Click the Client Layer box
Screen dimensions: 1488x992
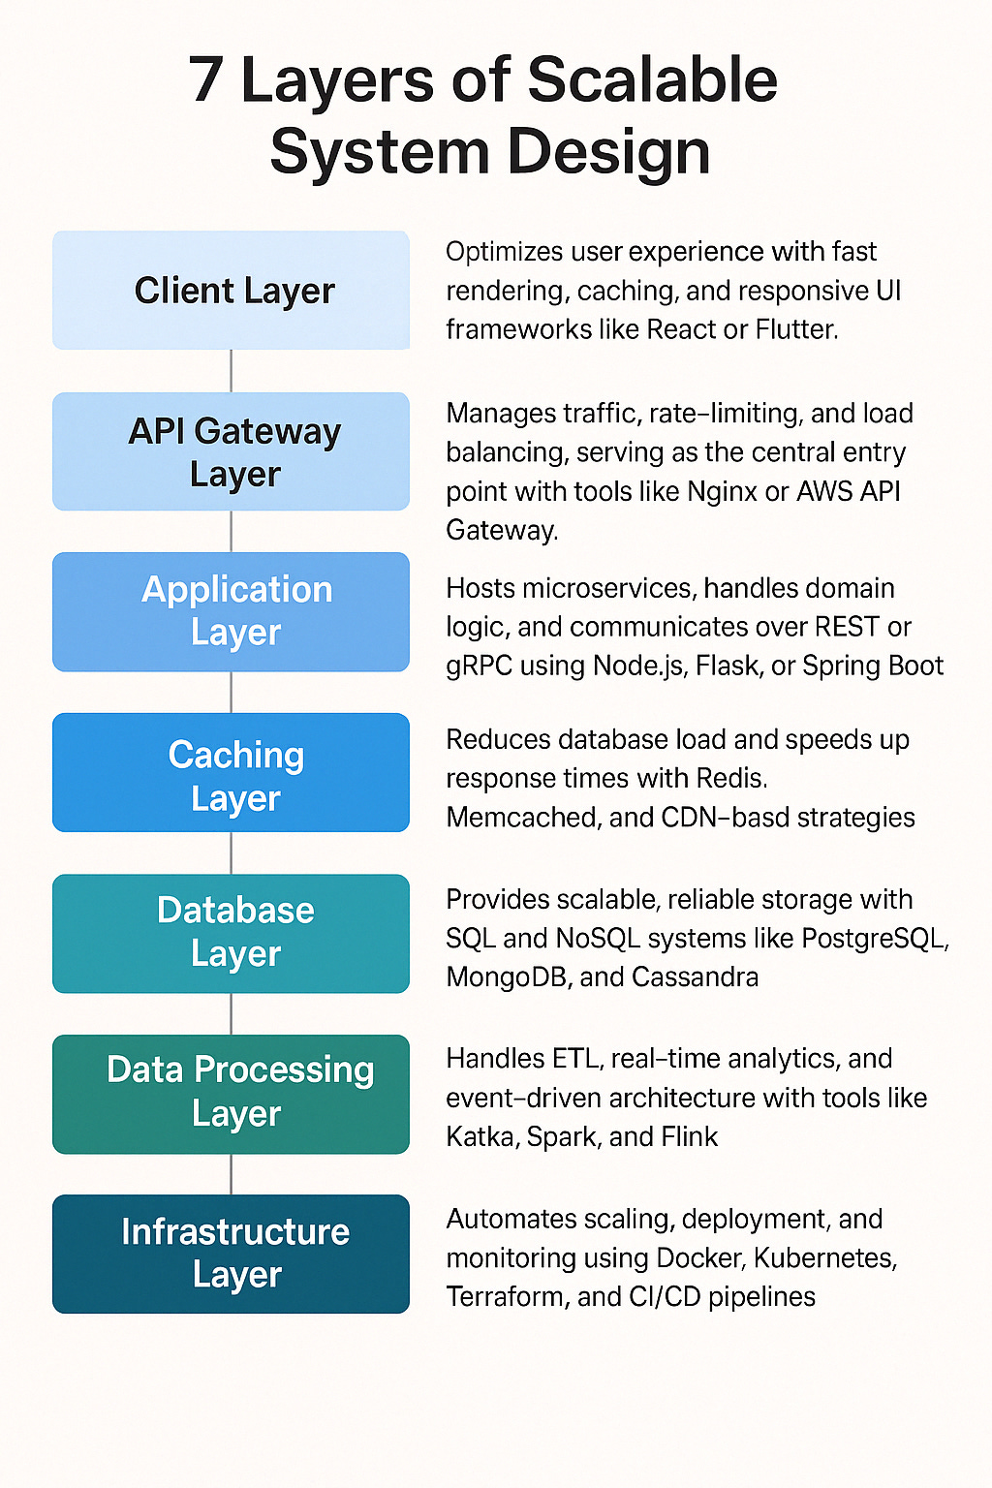point(231,290)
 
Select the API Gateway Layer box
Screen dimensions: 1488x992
point(231,451)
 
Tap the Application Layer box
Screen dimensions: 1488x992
point(231,611)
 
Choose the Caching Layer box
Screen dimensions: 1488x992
point(231,773)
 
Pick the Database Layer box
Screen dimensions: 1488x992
point(231,933)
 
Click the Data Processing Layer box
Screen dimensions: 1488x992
point(231,1094)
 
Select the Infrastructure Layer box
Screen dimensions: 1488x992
point(231,1254)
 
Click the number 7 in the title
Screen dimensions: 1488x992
point(205,79)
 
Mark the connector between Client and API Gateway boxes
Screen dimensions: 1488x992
point(231,371)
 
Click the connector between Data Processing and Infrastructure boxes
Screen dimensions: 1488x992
point(231,1174)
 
